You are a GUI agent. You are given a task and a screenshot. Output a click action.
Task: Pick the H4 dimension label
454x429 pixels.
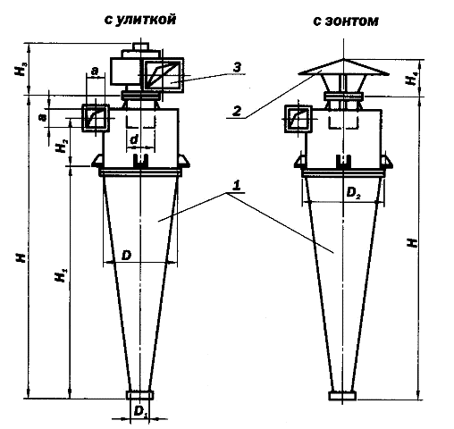pos(410,80)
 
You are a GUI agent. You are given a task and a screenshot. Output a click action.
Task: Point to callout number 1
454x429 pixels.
pos(236,184)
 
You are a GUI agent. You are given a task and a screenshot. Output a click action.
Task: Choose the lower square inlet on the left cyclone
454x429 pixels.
pos(95,118)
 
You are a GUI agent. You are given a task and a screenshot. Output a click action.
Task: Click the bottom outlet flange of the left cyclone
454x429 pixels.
pos(139,394)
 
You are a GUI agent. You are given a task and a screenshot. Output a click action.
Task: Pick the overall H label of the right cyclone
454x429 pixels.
pos(410,243)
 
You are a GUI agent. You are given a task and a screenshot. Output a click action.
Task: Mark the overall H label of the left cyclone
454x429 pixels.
pos(20,255)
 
